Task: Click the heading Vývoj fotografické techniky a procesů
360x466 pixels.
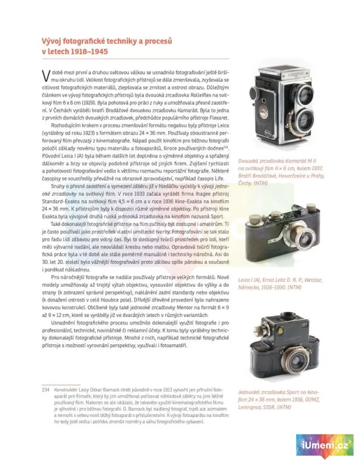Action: click(x=107, y=41)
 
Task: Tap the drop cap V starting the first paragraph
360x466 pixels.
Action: click(x=45, y=75)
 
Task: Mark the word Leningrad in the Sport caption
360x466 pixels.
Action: click(x=253, y=407)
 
